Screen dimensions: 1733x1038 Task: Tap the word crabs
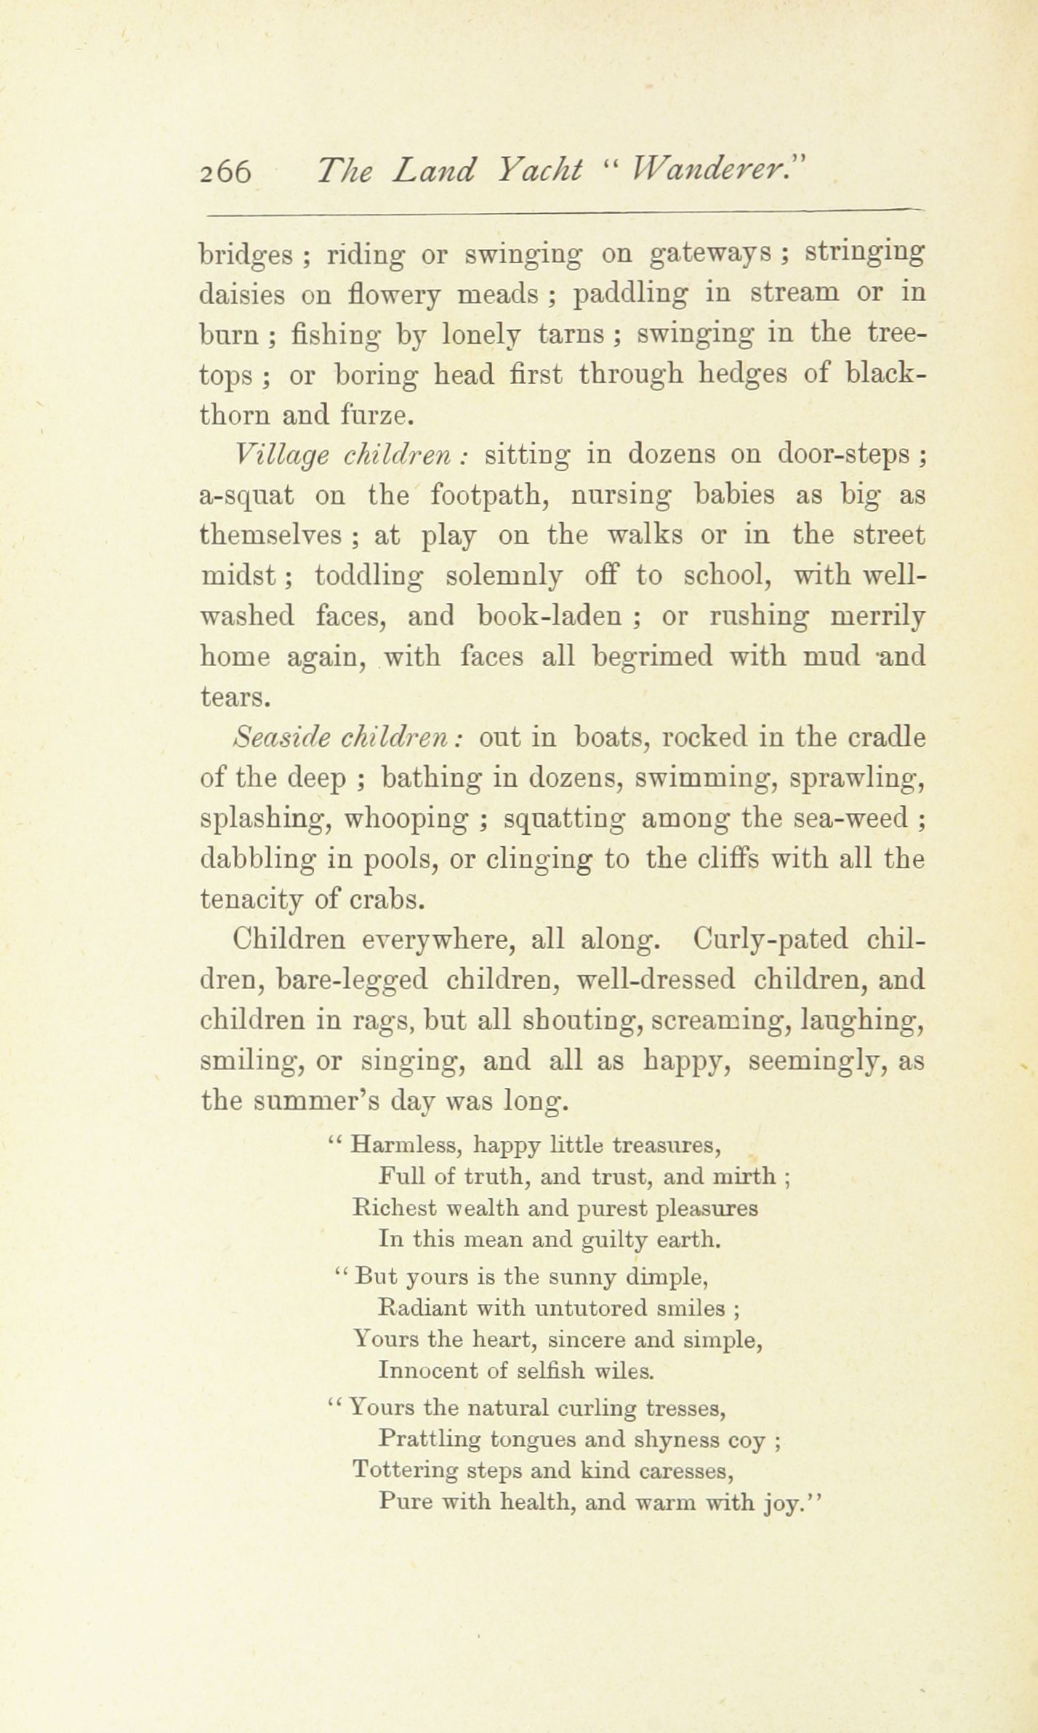[384, 900]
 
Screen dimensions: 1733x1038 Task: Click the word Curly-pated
[771, 940]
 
